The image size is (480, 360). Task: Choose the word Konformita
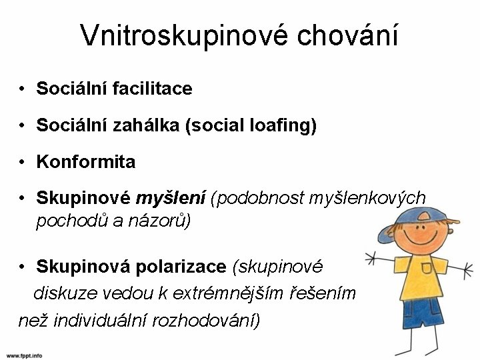coord(86,161)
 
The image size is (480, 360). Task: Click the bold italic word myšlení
coord(172,199)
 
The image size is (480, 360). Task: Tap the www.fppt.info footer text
coord(22,355)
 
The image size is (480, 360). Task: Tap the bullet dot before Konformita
coord(22,162)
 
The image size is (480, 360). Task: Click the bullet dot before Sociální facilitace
coord(22,89)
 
